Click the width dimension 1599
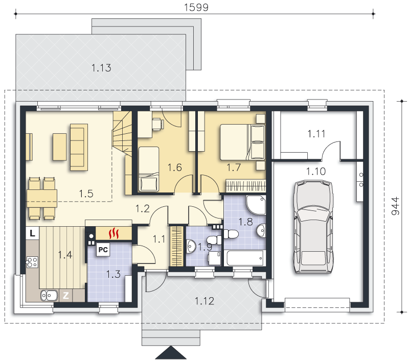coord(196,7)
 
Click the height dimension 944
coord(395,206)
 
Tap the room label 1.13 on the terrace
coord(101,68)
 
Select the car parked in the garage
coord(313,227)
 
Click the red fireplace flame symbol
coord(113,233)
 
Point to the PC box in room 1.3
coord(103,250)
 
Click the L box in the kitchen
coord(32,233)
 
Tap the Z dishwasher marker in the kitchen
coord(66,295)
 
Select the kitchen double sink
coord(49,295)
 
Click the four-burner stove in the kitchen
coord(32,262)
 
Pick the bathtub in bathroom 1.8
coord(245,258)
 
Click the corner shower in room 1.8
coord(256,205)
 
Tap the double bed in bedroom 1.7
coord(242,142)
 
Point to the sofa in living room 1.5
coord(79,147)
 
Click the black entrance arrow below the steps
coord(171,353)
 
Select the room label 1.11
coord(316,134)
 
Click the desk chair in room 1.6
coord(158,124)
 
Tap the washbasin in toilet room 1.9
coord(191,246)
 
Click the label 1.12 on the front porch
coord(204,301)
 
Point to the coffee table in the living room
coord(60,147)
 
